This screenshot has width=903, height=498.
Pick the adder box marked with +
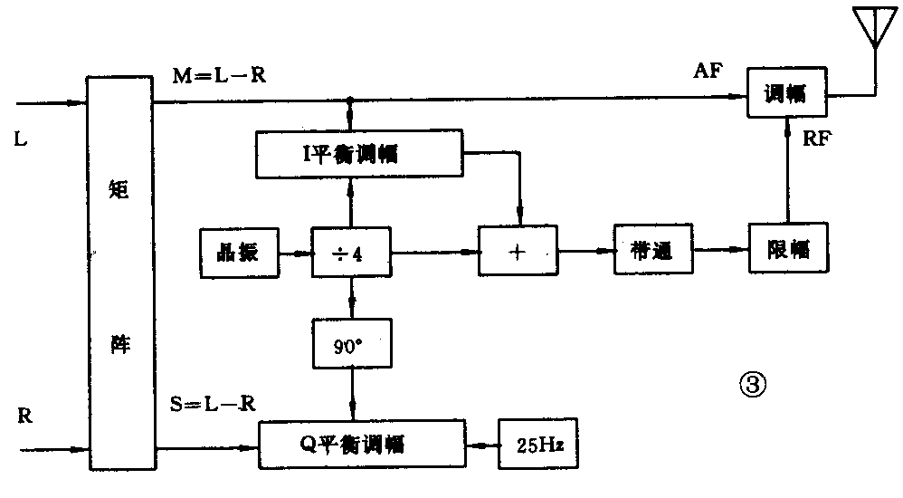point(517,251)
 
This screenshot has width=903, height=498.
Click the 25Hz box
point(538,445)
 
